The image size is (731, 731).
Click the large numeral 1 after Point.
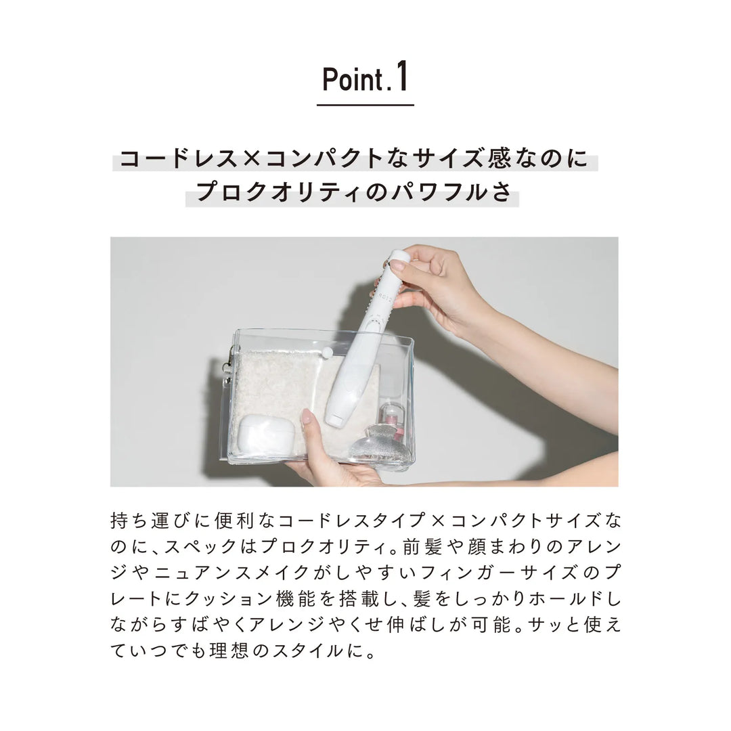tap(401, 77)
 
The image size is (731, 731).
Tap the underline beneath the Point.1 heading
tap(365, 105)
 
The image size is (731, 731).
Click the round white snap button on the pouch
tap(328, 353)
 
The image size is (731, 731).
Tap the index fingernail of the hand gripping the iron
tap(398, 265)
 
